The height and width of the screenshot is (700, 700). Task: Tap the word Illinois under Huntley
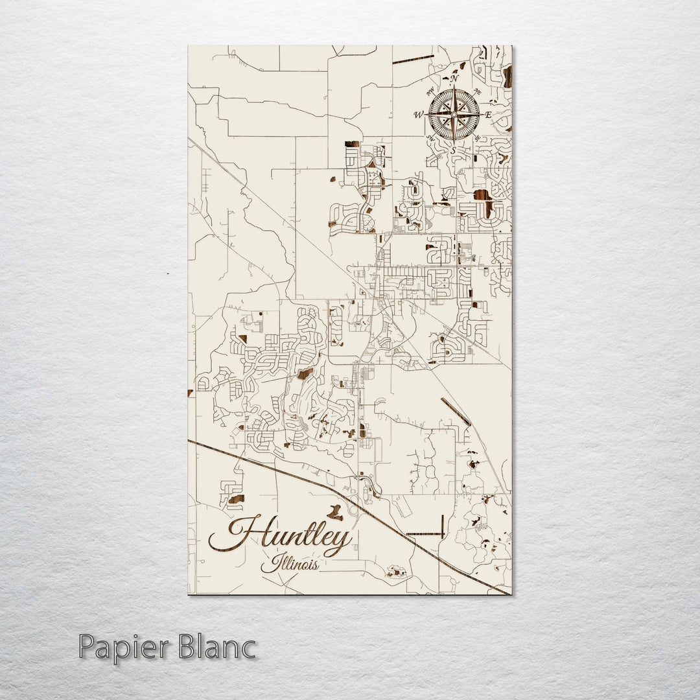pyautogui.click(x=289, y=563)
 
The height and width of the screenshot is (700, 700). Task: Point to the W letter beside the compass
pyautogui.click(x=418, y=115)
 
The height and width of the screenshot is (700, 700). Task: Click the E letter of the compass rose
pyautogui.click(x=489, y=115)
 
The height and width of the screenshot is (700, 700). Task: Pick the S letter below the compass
pyautogui.click(x=454, y=151)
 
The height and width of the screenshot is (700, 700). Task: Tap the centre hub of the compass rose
pyautogui.click(x=454, y=115)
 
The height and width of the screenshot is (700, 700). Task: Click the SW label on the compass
pyautogui.click(x=430, y=139)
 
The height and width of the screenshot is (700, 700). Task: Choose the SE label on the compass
pyautogui.click(x=478, y=139)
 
